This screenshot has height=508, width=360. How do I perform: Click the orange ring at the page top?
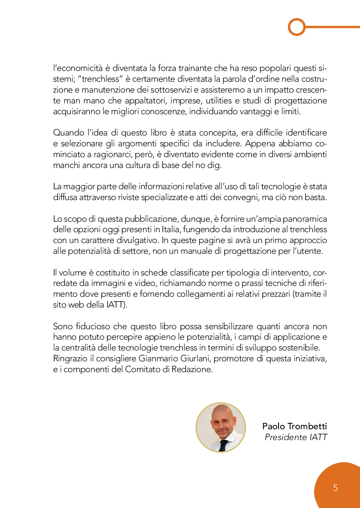tap(297, 27)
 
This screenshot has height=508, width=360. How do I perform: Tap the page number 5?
tap(335, 488)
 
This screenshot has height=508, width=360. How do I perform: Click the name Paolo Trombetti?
tap(294, 426)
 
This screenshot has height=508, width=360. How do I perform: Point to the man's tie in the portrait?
tap(223, 445)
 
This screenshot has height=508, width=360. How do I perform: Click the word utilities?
tap(219, 101)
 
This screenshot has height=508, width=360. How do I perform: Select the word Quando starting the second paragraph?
tap(69, 133)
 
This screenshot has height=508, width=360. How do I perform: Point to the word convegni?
tap(241, 197)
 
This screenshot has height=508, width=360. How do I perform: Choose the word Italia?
tap(170, 230)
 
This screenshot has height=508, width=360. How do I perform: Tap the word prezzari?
tap(276, 294)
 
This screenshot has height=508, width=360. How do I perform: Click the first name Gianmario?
tap(158, 359)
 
